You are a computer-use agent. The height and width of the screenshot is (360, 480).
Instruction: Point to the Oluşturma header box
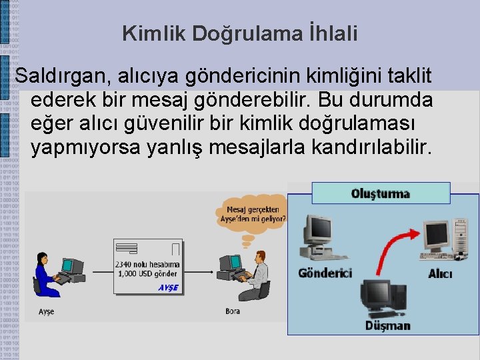tap(381, 193)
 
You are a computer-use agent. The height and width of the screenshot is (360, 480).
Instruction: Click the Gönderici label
tap(325, 273)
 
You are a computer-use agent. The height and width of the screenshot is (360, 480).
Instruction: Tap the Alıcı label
tap(440, 274)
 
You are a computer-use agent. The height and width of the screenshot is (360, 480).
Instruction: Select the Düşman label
tap(387, 326)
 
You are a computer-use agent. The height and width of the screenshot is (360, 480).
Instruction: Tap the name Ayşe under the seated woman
tap(46, 312)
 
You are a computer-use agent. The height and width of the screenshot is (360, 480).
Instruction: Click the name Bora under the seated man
tap(233, 311)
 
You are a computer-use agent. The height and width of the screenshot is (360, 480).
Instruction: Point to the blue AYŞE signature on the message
tap(168, 288)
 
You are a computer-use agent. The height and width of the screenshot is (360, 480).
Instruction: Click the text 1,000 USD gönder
tap(147, 274)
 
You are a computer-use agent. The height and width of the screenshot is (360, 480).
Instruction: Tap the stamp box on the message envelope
tap(176, 249)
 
